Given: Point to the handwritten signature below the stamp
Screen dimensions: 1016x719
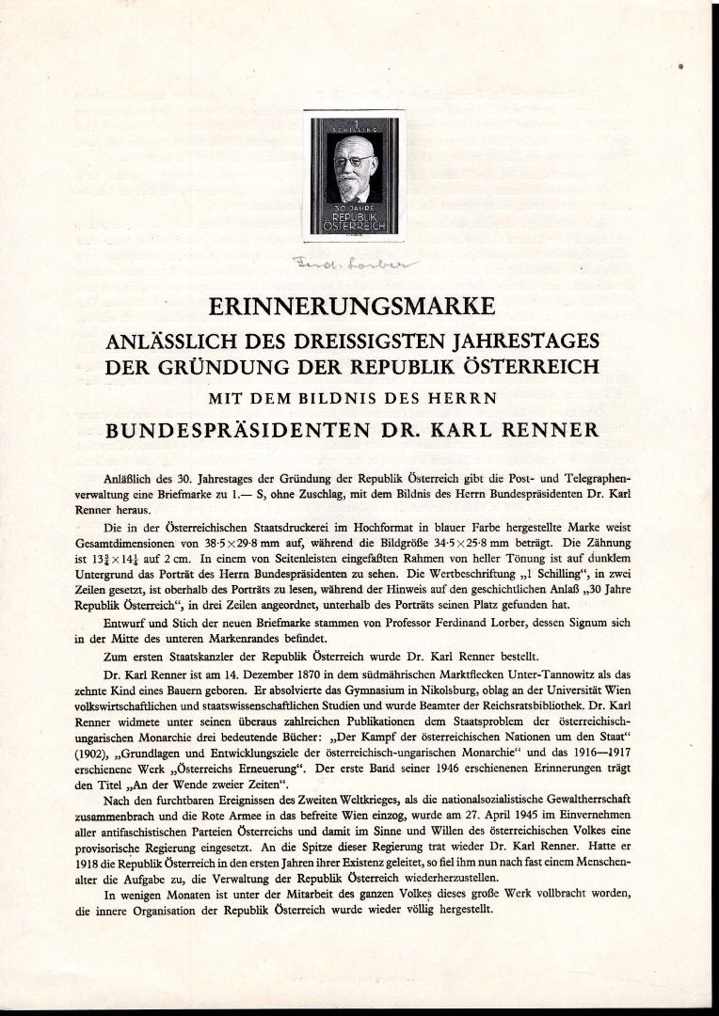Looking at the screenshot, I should click(336, 264).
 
